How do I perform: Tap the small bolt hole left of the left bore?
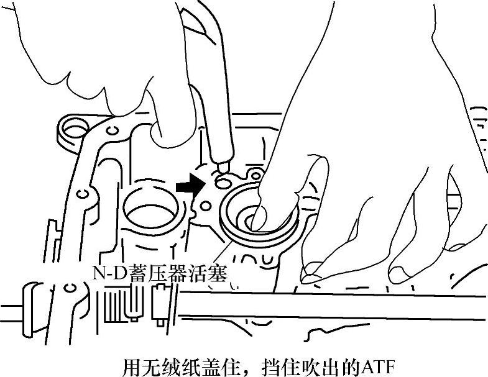pyautogui.click(x=81, y=194)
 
